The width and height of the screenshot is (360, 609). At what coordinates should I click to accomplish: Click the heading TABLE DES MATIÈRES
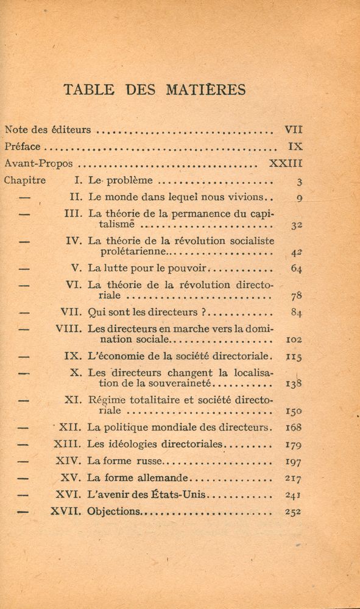point(155,90)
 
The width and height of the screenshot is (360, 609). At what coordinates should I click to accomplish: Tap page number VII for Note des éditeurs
point(293,129)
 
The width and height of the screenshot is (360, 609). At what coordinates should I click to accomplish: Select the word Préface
point(23,147)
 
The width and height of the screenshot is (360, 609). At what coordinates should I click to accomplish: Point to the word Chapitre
point(25,180)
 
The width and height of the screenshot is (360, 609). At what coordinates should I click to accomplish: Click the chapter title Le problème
point(121,180)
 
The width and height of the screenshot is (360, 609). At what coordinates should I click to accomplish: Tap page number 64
point(297,268)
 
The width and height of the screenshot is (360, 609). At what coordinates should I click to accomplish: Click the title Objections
point(115,511)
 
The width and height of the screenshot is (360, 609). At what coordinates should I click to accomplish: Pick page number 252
point(294,512)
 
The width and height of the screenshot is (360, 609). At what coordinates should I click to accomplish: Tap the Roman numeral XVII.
point(66,511)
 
